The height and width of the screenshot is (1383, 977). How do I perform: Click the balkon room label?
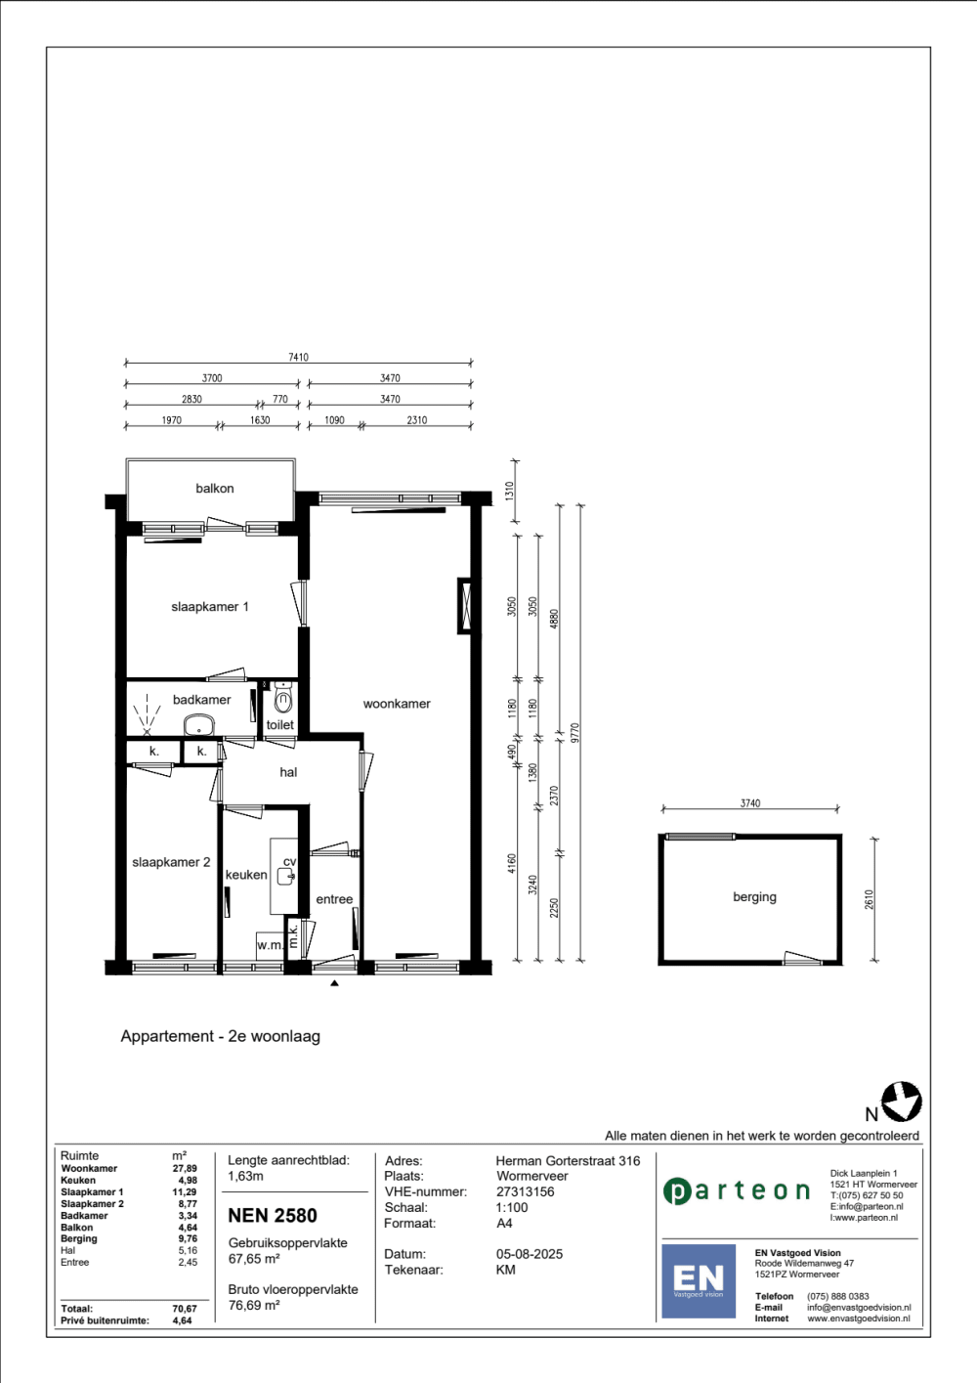tap(215, 489)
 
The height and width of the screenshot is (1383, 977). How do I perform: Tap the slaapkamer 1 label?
tap(210, 607)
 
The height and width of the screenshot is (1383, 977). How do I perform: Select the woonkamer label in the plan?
tap(397, 704)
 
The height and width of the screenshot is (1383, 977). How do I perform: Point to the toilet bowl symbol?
tap(282, 698)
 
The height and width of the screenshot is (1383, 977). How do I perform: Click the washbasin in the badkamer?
tap(198, 725)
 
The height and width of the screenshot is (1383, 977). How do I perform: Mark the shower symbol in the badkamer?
tap(147, 715)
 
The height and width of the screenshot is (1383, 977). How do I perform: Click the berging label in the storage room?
tap(754, 897)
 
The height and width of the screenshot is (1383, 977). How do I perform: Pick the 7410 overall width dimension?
tap(298, 358)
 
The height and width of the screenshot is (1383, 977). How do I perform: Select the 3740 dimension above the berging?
tap(750, 803)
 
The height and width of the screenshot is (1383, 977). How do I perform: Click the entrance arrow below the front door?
tap(334, 983)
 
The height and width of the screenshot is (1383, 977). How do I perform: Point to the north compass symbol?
tap(902, 1102)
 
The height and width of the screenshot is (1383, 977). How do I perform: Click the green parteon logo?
tap(737, 1190)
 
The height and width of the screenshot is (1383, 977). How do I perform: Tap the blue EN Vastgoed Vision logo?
tap(699, 1281)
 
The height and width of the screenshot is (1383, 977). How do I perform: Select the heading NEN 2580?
tap(273, 1216)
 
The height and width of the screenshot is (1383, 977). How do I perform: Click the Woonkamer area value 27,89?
tap(185, 1168)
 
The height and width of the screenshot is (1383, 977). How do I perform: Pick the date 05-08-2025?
tap(530, 1254)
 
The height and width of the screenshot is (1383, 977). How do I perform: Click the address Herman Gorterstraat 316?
tap(568, 1161)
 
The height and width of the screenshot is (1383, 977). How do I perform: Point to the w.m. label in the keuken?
tap(271, 945)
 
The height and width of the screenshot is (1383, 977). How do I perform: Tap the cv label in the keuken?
tap(289, 861)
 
